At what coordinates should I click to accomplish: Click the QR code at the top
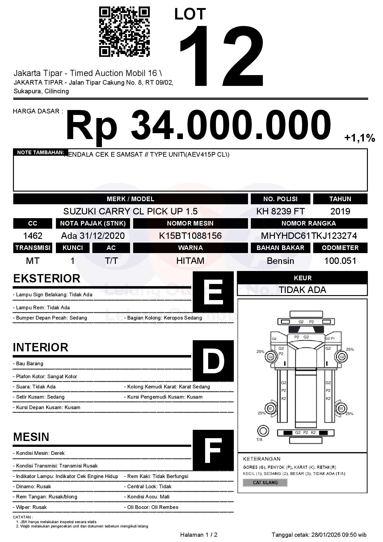pyautogui.click(x=124, y=32)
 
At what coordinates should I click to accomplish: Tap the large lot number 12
pyautogui.click(x=222, y=56)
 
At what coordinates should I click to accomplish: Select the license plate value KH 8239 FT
pyautogui.click(x=280, y=211)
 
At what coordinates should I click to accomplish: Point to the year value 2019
pyautogui.click(x=340, y=211)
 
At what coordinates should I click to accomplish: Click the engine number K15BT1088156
pyautogui.click(x=190, y=236)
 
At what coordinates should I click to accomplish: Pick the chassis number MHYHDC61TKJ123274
pyautogui.click(x=309, y=236)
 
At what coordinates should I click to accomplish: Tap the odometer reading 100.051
pyautogui.click(x=340, y=261)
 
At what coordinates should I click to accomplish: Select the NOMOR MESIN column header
pyautogui.click(x=190, y=223)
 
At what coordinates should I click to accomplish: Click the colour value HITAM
pyautogui.click(x=190, y=261)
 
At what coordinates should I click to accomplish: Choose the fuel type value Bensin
pyautogui.click(x=280, y=261)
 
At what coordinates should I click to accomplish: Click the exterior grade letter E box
pyautogui.click(x=213, y=292)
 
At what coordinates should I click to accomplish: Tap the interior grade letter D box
pyautogui.click(x=213, y=361)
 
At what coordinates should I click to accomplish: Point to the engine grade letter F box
pyautogui.click(x=213, y=450)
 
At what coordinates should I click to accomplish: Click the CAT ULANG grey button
pyautogui.click(x=265, y=483)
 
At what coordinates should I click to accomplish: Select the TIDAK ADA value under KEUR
pyautogui.click(x=302, y=290)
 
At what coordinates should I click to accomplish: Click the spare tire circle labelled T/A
pyautogui.click(x=263, y=431)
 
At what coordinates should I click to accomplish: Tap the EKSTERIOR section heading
pyautogui.click(x=47, y=278)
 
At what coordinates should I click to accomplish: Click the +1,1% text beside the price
pyautogui.click(x=360, y=138)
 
